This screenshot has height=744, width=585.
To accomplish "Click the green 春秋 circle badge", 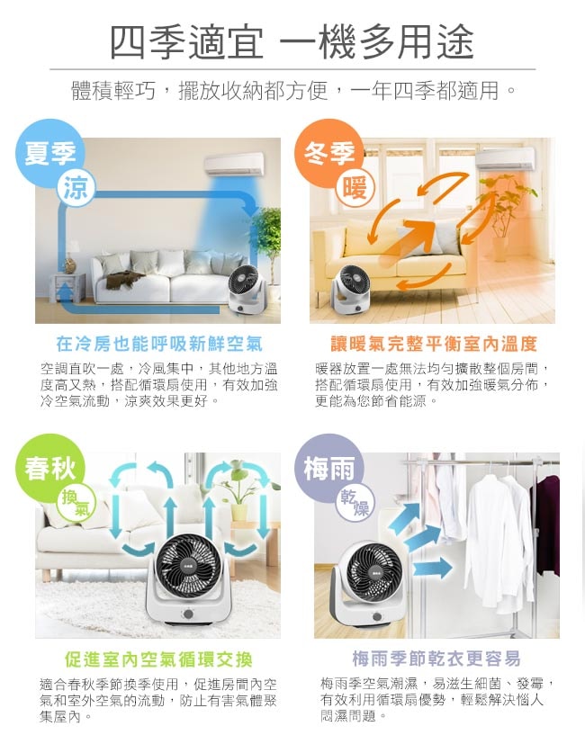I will tap(49, 468).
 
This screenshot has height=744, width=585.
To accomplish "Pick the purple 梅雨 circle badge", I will tap(328, 468).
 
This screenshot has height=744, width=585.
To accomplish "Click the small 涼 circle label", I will tap(76, 187).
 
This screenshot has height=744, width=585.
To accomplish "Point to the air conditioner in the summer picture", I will tap(234, 164).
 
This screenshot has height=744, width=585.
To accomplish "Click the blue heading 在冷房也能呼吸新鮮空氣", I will tap(158, 344).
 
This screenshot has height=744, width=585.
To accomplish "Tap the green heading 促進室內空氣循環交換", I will tap(158, 659).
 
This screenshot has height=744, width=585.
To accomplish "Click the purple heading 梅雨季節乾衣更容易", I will tap(436, 659).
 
